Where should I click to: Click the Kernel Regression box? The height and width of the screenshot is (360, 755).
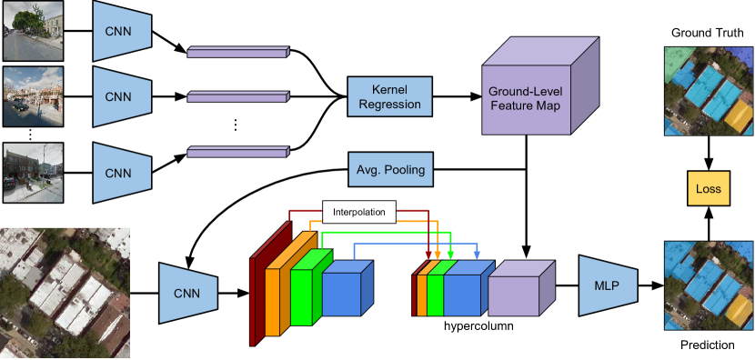point(389,96)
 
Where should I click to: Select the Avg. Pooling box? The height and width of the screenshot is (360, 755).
point(389,169)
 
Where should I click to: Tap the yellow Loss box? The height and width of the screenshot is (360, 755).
point(708,189)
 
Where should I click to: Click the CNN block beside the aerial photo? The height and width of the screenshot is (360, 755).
point(188,293)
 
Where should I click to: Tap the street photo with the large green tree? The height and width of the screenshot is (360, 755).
point(33,30)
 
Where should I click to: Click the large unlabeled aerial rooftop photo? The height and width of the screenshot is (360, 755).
point(65,292)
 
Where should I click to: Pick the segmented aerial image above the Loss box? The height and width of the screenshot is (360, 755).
point(709,92)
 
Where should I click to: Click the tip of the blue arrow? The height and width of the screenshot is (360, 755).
point(478,257)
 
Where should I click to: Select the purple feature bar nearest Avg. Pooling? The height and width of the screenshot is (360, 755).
point(237,153)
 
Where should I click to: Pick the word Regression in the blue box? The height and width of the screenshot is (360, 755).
point(389,104)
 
